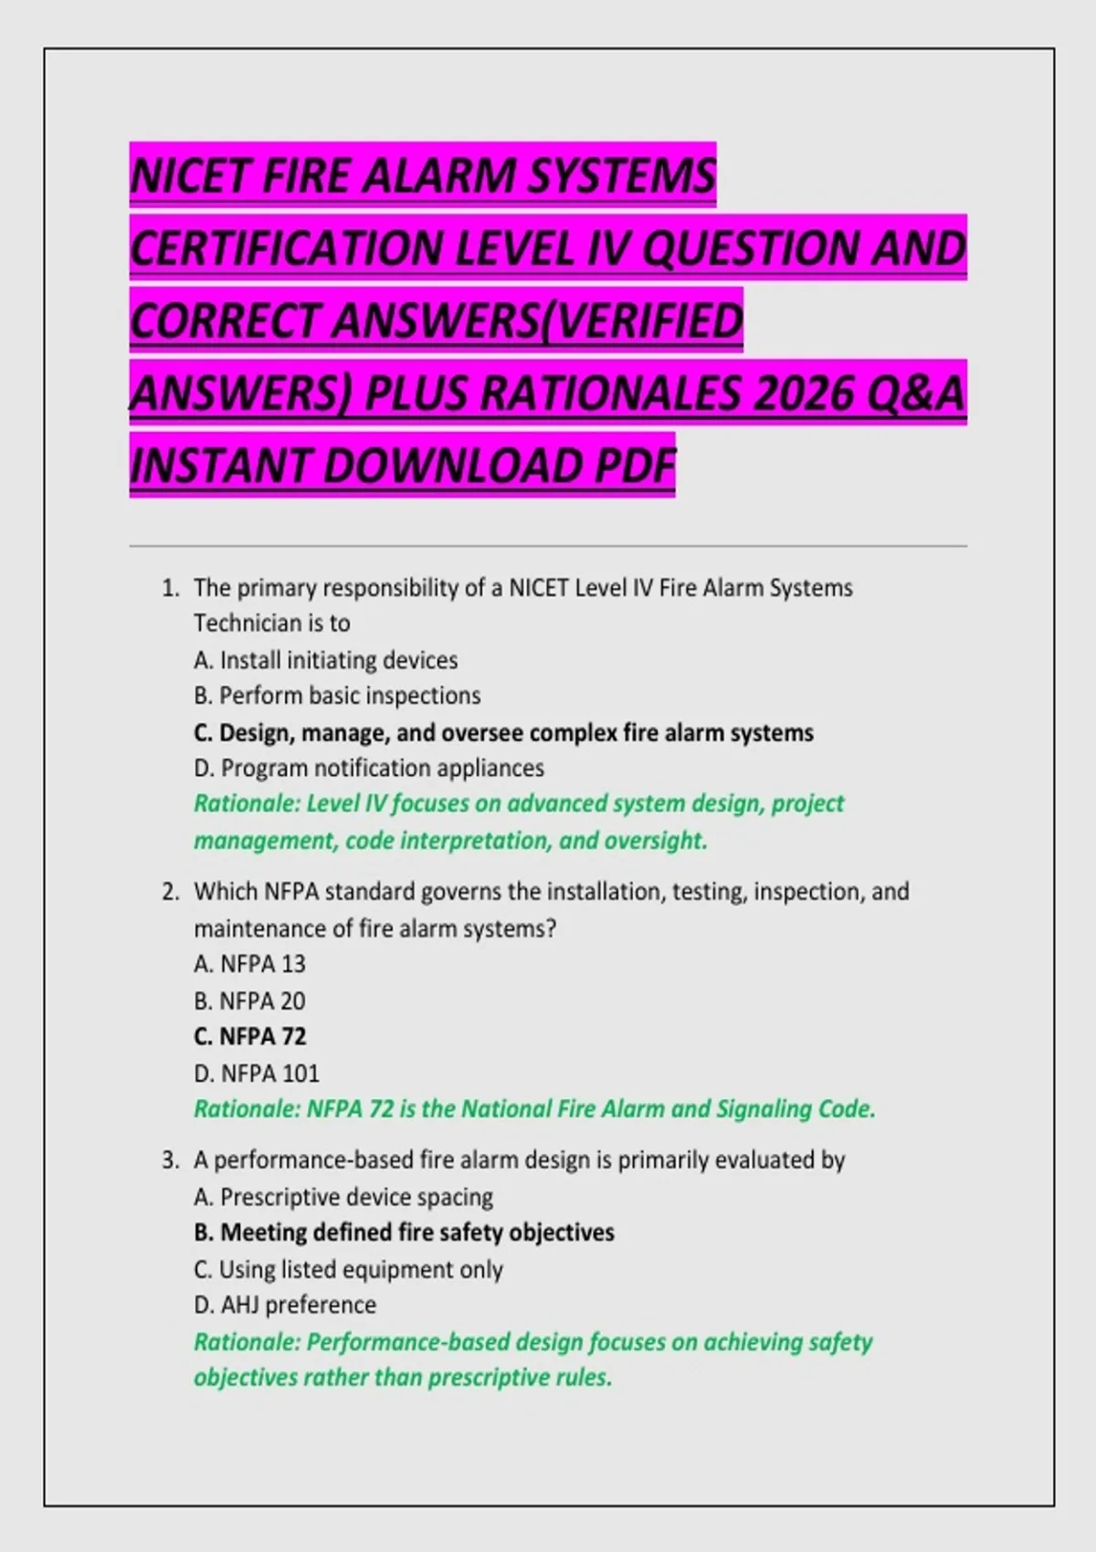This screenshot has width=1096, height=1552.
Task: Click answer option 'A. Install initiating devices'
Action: pos(326,660)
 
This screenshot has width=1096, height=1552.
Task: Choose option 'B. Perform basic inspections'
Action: pos(337,696)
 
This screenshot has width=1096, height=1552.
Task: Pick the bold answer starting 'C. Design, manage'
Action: pos(503,733)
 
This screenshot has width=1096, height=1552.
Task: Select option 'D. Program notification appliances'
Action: pos(369,769)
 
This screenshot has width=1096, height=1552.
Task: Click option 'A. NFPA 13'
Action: pos(249,964)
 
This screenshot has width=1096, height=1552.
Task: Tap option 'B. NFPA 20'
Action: pos(249,1001)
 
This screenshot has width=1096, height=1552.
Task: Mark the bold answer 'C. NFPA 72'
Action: pos(249,1037)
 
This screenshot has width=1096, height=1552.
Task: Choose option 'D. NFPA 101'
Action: pos(257,1074)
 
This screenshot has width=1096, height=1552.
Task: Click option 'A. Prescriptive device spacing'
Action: pos(343,1197)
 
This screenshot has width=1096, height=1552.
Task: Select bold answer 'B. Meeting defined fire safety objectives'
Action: pos(404,1232)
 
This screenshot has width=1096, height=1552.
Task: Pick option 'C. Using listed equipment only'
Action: pos(348,1270)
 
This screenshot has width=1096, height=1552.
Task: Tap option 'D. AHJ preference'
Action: pos(285,1306)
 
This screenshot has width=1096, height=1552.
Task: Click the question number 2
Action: pos(170,892)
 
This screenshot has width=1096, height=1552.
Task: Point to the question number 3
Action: pos(170,1160)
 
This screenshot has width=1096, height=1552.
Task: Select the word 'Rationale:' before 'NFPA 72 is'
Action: pos(247,1109)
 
